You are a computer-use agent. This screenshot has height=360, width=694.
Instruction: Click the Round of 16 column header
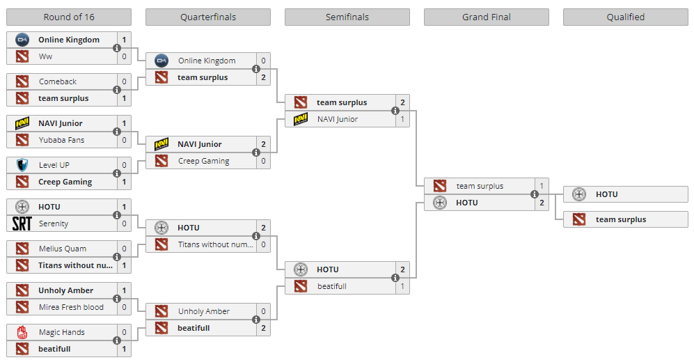coord(68,17)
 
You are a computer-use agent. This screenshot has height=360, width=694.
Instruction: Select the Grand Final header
coord(486,17)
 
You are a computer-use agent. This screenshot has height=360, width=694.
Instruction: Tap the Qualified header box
coord(625,17)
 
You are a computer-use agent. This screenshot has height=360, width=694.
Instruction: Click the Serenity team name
coord(54,224)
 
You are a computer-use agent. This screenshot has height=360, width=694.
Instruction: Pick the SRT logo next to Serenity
coord(22,224)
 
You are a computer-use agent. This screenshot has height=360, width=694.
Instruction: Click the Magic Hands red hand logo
coord(22,332)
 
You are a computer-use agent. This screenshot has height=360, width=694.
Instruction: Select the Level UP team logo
coord(22,165)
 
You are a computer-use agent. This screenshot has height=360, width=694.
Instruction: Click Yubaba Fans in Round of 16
coord(61,140)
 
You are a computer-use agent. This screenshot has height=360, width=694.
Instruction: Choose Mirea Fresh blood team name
coord(71,307)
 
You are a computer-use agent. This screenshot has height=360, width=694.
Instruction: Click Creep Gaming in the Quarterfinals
coord(203,161)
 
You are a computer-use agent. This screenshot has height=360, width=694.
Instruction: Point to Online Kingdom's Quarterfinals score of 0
coord(263,61)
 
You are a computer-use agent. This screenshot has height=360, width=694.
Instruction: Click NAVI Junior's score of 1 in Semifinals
coord(402,119)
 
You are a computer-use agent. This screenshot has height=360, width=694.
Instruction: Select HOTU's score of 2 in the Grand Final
coord(542,203)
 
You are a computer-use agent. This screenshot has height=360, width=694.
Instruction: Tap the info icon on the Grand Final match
coord(535,194)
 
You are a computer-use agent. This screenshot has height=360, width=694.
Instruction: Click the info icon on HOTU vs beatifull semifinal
coord(395,278)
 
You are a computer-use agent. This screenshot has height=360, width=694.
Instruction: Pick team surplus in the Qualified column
coord(621,219)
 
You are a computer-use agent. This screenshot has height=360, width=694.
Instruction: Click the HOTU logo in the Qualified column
coord(579,194)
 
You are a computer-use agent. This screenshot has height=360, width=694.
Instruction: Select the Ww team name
coord(45,56)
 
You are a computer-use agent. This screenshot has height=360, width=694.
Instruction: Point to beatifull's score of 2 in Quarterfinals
coord(263,328)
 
